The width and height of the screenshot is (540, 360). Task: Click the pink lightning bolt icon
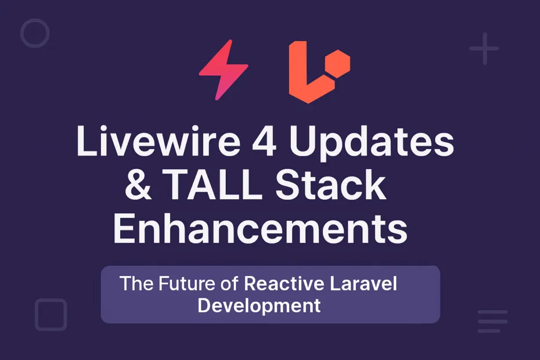(x=223, y=70)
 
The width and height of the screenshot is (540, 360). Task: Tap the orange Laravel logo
(x=314, y=73)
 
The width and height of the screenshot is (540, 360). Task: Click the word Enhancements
(x=260, y=229)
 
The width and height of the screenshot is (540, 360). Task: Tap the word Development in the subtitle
(x=259, y=305)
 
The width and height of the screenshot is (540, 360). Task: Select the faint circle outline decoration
(x=35, y=33)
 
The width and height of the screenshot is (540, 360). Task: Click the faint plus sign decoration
(x=484, y=49)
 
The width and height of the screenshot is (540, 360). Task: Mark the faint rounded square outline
(x=51, y=315)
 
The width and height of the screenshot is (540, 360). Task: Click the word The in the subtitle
(x=134, y=285)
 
